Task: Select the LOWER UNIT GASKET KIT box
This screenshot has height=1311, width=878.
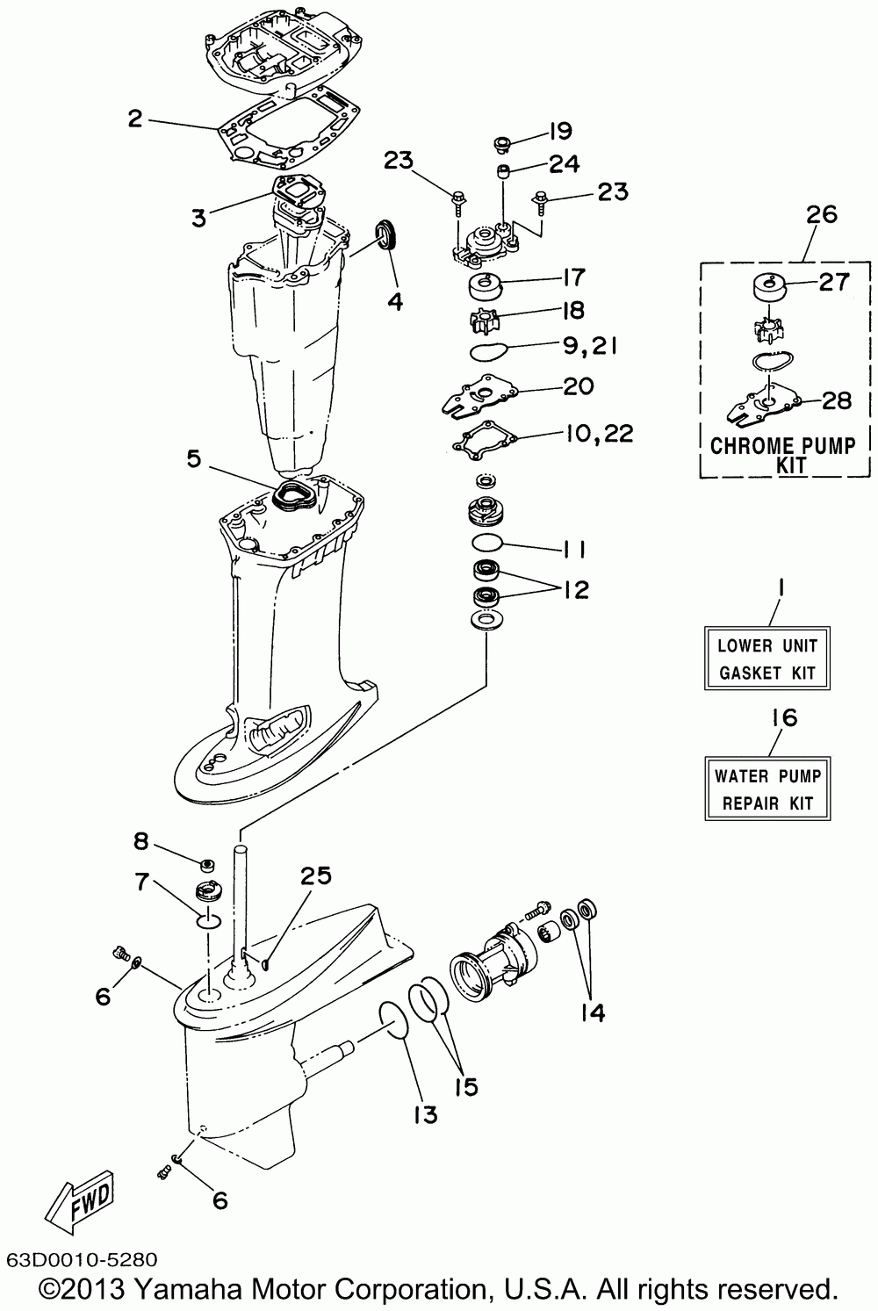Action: coord(766,659)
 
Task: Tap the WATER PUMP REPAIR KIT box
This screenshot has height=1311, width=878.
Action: coord(766,789)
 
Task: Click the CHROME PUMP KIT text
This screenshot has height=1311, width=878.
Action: coord(782,454)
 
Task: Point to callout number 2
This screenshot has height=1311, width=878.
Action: coord(134,119)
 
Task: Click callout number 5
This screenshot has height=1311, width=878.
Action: coord(193,457)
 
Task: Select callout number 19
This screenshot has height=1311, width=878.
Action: coord(560,132)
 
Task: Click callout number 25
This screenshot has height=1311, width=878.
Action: coord(316,875)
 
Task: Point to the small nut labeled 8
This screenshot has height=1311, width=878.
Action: coord(208,862)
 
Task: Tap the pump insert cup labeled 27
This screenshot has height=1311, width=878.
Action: coord(767,289)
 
